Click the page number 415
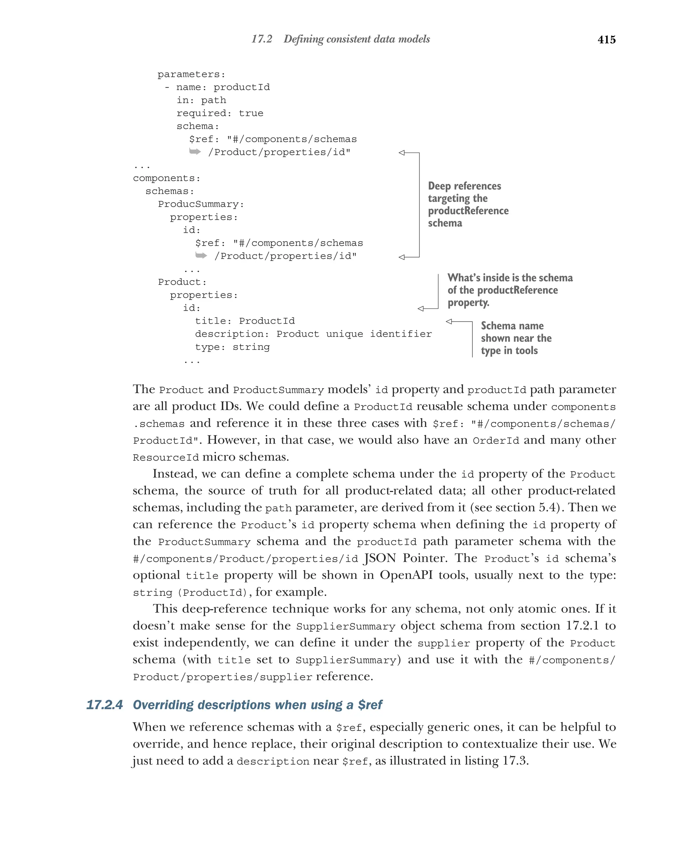tap(606, 39)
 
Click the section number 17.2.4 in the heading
tap(104, 705)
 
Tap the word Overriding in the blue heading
tap(163, 705)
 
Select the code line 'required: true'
tap(220, 113)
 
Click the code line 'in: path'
tap(201, 100)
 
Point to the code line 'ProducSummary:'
tap(201, 204)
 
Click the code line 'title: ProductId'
tap(245, 321)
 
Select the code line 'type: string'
tap(232, 347)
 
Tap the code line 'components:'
tap(166, 178)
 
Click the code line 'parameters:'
tap(191, 75)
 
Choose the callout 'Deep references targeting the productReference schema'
tap(468, 204)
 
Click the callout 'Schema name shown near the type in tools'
tap(515, 338)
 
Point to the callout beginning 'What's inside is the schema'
tap(509, 290)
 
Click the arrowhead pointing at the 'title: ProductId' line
tap(449, 321)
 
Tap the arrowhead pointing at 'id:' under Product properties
tap(421, 308)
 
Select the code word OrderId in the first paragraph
tap(495, 440)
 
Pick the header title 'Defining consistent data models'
tap(356, 39)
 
